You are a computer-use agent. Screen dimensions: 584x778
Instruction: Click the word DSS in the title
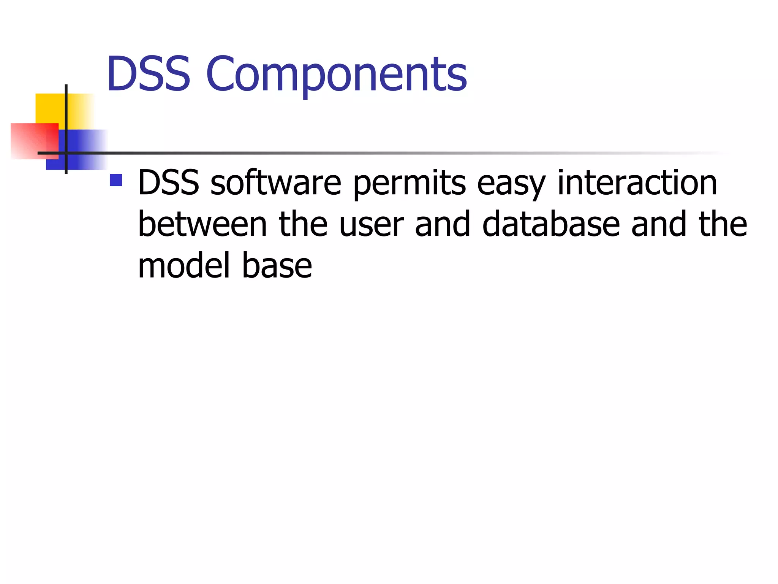148,74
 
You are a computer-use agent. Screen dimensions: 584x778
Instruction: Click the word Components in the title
336,76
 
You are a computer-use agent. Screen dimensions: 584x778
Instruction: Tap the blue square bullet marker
116,180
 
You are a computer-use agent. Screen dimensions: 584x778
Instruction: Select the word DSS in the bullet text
168,183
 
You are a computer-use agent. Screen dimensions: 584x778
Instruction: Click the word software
276,183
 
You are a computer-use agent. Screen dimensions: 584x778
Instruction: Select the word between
202,224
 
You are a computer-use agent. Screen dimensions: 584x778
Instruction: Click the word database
551,224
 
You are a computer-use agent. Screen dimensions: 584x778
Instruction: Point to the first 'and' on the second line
443,224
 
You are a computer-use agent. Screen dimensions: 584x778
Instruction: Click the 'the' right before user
303,224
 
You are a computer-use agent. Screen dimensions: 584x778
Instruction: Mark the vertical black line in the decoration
66,114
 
